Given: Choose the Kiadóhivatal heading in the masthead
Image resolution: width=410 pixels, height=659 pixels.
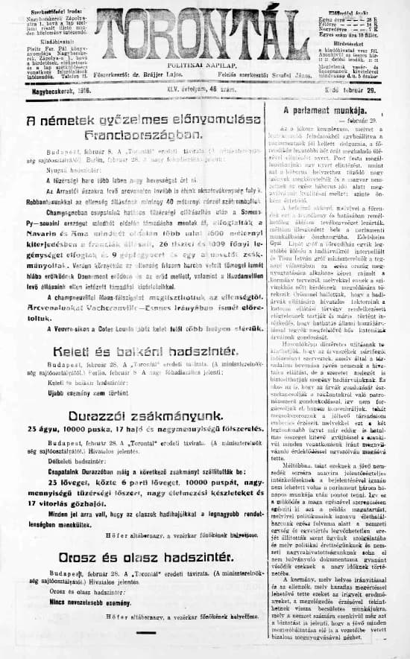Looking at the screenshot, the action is pos(46,43).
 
